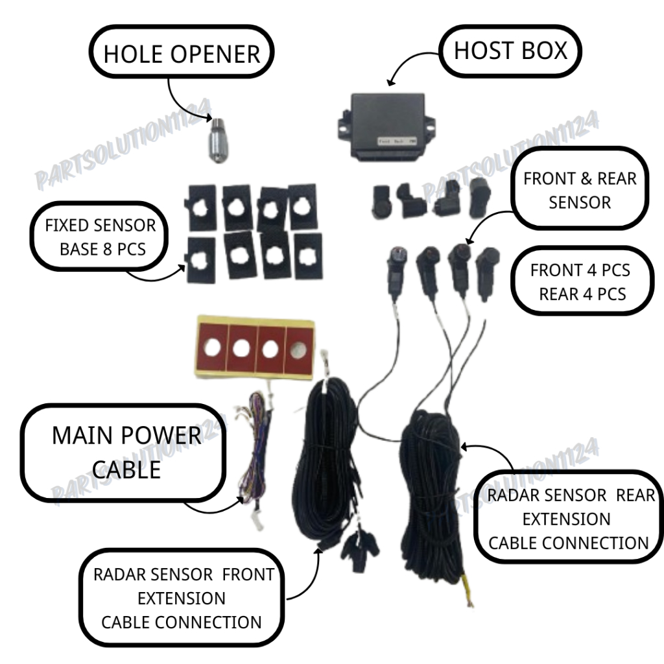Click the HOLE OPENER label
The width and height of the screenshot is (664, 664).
[181, 54]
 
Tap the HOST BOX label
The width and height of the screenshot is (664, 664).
[510, 50]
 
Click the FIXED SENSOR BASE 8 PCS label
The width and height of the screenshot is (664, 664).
[101, 237]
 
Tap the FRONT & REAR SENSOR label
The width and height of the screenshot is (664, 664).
[580, 190]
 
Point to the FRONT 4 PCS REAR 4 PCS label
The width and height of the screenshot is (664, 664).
[581, 281]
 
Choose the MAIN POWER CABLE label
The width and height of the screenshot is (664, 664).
[126, 452]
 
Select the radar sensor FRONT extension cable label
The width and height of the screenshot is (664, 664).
[183, 598]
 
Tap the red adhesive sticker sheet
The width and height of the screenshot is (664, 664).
[254, 348]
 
